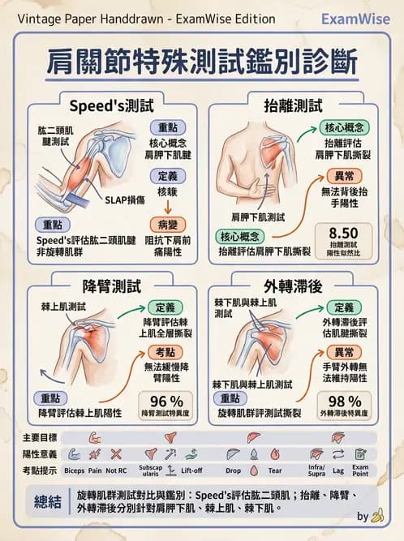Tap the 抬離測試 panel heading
293,105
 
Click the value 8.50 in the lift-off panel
344,232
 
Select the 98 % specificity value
344,401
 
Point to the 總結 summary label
47,501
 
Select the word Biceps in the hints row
74,470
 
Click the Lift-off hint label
192,470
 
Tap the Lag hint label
339,470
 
